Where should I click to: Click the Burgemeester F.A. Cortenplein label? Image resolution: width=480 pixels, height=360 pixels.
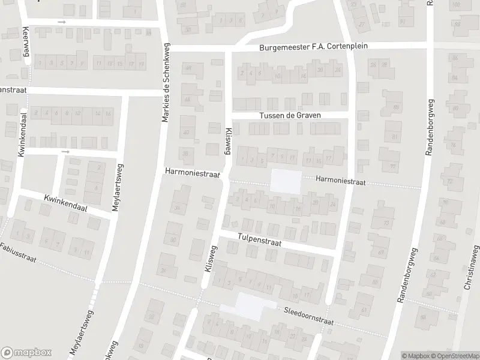(x=313, y=46)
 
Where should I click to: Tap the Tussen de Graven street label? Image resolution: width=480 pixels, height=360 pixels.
(x=290, y=115)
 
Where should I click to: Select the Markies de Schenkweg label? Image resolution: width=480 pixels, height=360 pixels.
(x=166, y=83)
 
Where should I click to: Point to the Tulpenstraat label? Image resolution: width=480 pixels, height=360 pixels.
(x=260, y=239)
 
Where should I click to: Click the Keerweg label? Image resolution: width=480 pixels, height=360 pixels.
(x=26, y=41)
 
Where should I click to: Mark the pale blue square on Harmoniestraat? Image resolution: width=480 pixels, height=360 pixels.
(x=286, y=182)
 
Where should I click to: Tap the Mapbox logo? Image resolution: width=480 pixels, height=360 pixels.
(x=26, y=353)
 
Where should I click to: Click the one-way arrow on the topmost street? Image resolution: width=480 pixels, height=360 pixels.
(x=62, y=22)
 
